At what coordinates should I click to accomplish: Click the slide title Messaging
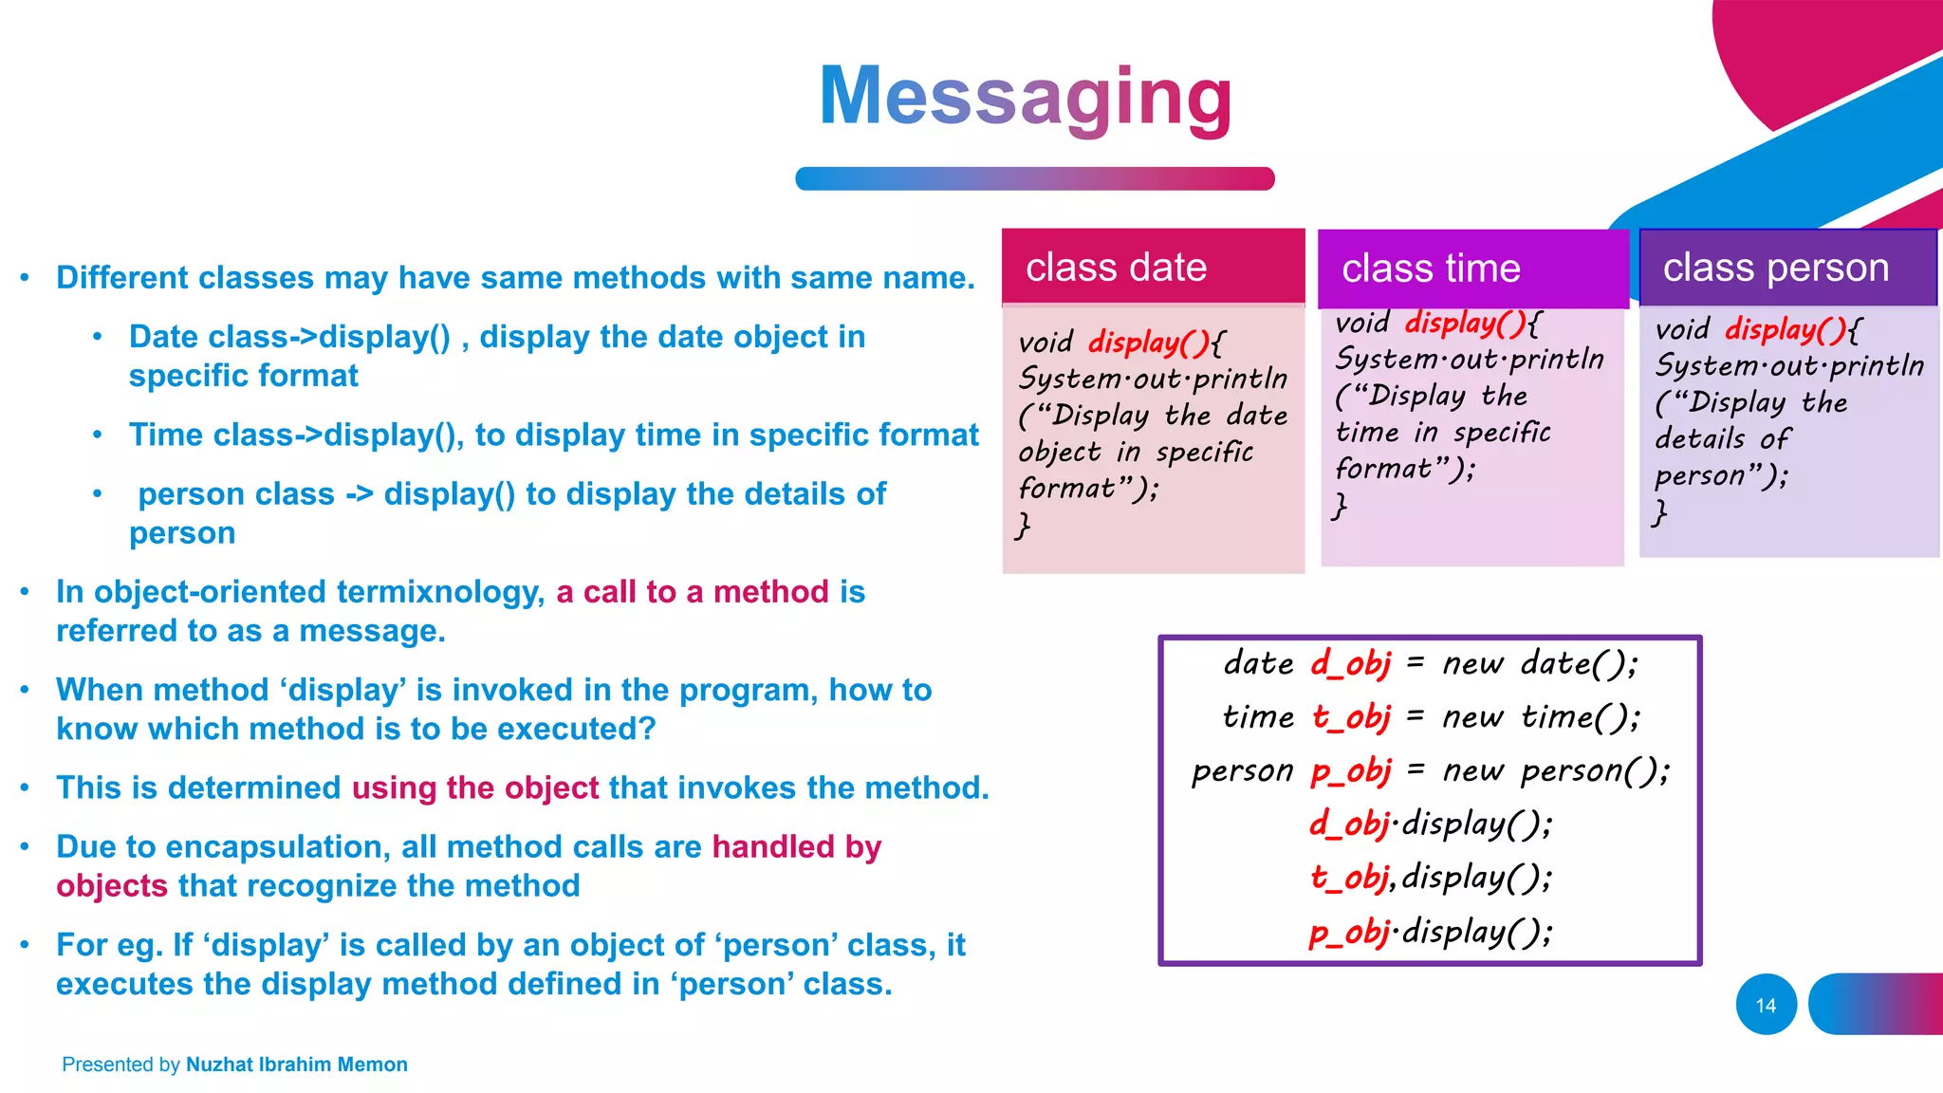1026,97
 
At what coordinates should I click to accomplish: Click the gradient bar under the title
1034,178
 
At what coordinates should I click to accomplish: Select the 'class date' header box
1153,268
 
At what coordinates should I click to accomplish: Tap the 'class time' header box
1471,269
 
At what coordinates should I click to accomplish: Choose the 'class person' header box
1787,268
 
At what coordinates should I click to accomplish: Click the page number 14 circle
1766,1005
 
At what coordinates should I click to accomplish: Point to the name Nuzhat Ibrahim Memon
297,1065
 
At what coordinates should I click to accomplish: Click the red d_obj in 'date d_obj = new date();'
1351,663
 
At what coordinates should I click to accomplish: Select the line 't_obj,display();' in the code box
1431,878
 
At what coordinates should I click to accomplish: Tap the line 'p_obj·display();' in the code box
1431,932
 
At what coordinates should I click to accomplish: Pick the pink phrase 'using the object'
475,787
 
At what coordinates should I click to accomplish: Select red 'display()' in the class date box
1147,342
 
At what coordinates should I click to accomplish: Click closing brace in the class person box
1659,512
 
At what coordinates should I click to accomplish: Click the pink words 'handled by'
796,846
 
